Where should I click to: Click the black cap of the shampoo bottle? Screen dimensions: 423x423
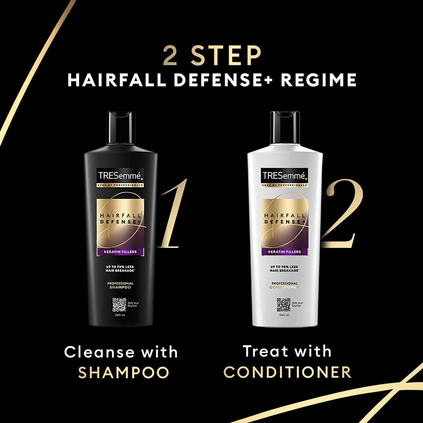coord(121,126)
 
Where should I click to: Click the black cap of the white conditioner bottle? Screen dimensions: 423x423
coord(285,126)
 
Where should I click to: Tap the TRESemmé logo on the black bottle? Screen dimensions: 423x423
coord(120,176)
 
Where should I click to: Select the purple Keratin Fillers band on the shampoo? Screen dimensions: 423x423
coord(121,251)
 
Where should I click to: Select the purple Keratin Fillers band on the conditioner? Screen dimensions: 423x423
coord(285,251)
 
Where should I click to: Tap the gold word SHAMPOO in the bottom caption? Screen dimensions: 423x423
coord(124,372)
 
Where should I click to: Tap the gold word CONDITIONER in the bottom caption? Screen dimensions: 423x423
coord(287,372)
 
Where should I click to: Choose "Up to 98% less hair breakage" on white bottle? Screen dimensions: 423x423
coord(284,269)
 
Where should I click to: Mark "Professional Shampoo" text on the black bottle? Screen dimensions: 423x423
coord(120,285)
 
